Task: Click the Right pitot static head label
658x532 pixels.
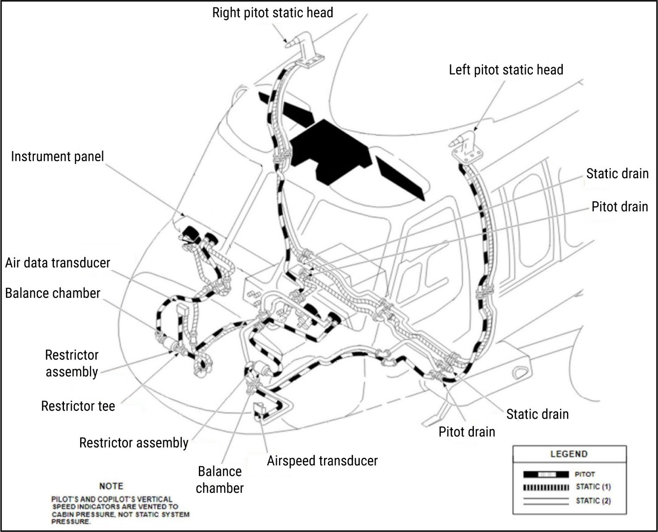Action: [272, 12]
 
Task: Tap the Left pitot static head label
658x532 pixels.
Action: [506, 70]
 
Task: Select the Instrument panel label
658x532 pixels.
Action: [58, 157]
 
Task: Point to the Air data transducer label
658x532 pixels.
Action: [58, 263]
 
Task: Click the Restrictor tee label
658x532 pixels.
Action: [78, 406]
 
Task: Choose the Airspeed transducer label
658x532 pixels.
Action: [322, 461]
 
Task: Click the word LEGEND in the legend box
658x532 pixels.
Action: [569, 454]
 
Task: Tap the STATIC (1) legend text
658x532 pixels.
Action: [593, 487]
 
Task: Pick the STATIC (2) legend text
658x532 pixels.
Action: [593, 501]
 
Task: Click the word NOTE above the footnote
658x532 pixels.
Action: [111, 486]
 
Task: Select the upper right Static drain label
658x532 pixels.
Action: [617, 174]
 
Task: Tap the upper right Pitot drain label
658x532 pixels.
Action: [619, 207]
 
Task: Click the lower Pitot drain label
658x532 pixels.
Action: [467, 432]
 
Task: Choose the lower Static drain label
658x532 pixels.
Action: [537, 414]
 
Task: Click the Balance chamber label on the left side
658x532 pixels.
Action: [52, 293]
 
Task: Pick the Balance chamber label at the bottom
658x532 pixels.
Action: [219, 479]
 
